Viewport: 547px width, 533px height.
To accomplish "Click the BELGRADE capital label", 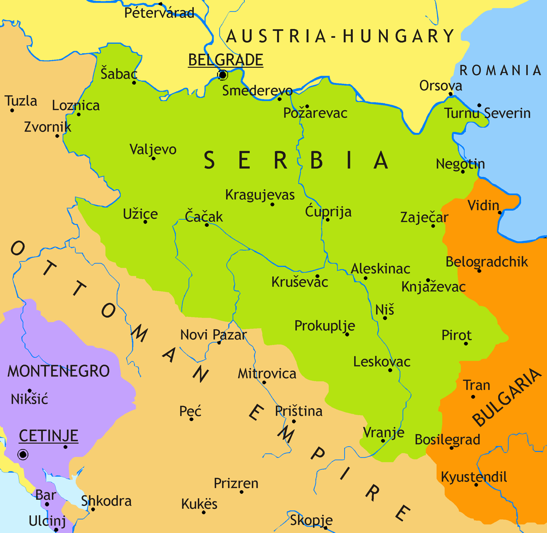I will click(226, 60).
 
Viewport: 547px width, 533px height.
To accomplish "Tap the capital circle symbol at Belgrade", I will click(222, 75).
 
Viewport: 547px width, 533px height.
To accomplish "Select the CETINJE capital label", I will click(48, 436).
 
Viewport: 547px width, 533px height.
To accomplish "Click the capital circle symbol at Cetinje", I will click(23, 454).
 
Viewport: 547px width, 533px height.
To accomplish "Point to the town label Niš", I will click(384, 310).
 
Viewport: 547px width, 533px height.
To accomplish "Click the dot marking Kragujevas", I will click(272, 204).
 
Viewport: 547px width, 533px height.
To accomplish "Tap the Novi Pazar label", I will click(213, 335).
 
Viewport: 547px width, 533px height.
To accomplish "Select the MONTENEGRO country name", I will click(58, 371).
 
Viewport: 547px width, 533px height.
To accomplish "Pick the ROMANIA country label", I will click(501, 70).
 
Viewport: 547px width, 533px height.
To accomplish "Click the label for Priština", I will click(299, 411).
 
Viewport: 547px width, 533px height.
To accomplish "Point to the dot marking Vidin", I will click(500, 213).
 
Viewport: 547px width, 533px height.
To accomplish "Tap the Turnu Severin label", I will click(487, 113).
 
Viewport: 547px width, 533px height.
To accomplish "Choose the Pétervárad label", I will click(159, 12).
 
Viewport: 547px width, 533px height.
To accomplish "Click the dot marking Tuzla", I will click(12, 110).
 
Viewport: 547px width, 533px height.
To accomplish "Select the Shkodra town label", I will click(106, 501).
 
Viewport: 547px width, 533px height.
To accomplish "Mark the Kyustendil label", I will click(474, 477).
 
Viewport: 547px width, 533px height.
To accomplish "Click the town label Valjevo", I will click(153, 149).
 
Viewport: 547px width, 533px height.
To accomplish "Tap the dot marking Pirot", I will click(465, 344).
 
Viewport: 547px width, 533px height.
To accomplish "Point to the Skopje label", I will click(311, 520).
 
